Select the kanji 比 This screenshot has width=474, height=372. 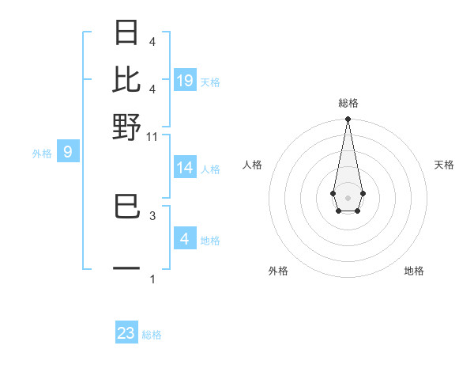[127, 79]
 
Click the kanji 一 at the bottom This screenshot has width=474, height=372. [127, 270]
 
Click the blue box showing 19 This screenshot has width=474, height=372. [185, 81]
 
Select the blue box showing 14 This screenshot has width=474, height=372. [185, 168]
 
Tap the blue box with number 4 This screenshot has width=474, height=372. [185, 239]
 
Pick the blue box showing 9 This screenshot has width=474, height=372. [68, 152]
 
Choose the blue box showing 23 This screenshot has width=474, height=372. [126, 333]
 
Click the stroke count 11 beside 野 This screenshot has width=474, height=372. [152, 137]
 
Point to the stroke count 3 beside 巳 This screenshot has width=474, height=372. [152, 214]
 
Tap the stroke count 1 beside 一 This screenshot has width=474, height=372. [152, 279]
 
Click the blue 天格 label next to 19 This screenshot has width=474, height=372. [210, 82]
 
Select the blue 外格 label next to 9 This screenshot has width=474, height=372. [42, 154]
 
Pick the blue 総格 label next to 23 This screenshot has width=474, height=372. [152, 335]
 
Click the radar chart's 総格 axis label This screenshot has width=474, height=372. [348, 103]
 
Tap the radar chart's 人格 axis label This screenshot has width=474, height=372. [252, 165]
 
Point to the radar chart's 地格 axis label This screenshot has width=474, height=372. [414, 271]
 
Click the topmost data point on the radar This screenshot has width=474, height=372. [348, 120]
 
